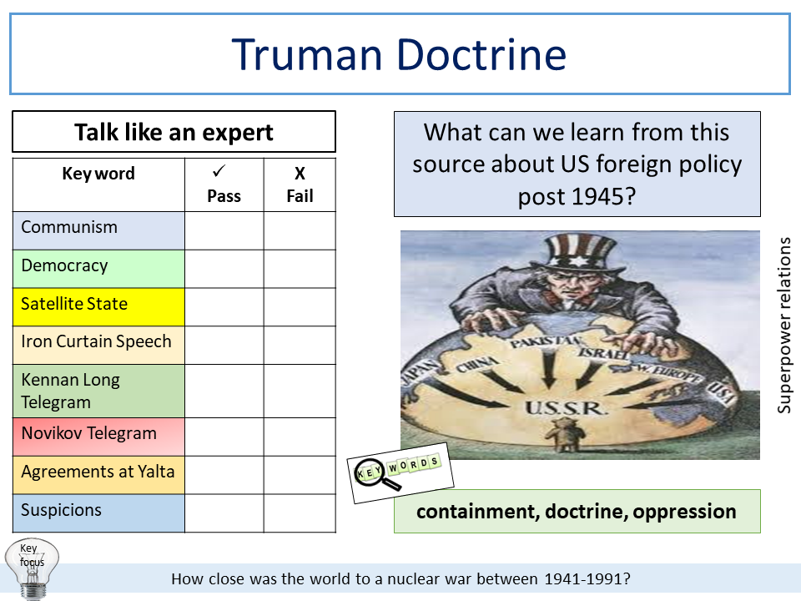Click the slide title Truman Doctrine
point(399,54)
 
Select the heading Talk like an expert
point(174,132)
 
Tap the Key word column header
point(98,174)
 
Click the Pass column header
point(224,185)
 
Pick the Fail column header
point(300,185)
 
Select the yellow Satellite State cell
point(98,304)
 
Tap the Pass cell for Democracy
point(224,269)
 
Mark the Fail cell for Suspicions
point(300,513)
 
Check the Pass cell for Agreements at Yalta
point(224,474)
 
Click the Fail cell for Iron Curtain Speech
point(300,344)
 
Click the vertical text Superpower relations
point(783,326)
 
